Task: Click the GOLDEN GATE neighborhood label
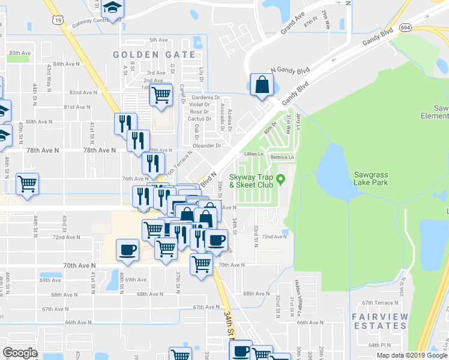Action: pyautogui.click(x=155, y=55)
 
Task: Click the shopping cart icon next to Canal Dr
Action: pyautogui.click(x=161, y=94)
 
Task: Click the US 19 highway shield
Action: pyautogui.click(x=58, y=20)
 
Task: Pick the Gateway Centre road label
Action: pyautogui.click(x=92, y=22)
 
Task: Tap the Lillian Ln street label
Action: pyautogui.click(x=255, y=154)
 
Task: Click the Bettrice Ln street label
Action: pyautogui.click(x=283, y=157)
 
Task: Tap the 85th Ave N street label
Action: pyautogui.click(x=20, y=53)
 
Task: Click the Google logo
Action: pyautogui.click(x=20, y=353)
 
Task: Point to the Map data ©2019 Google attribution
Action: pyautogui.click(x=412, y=355)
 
